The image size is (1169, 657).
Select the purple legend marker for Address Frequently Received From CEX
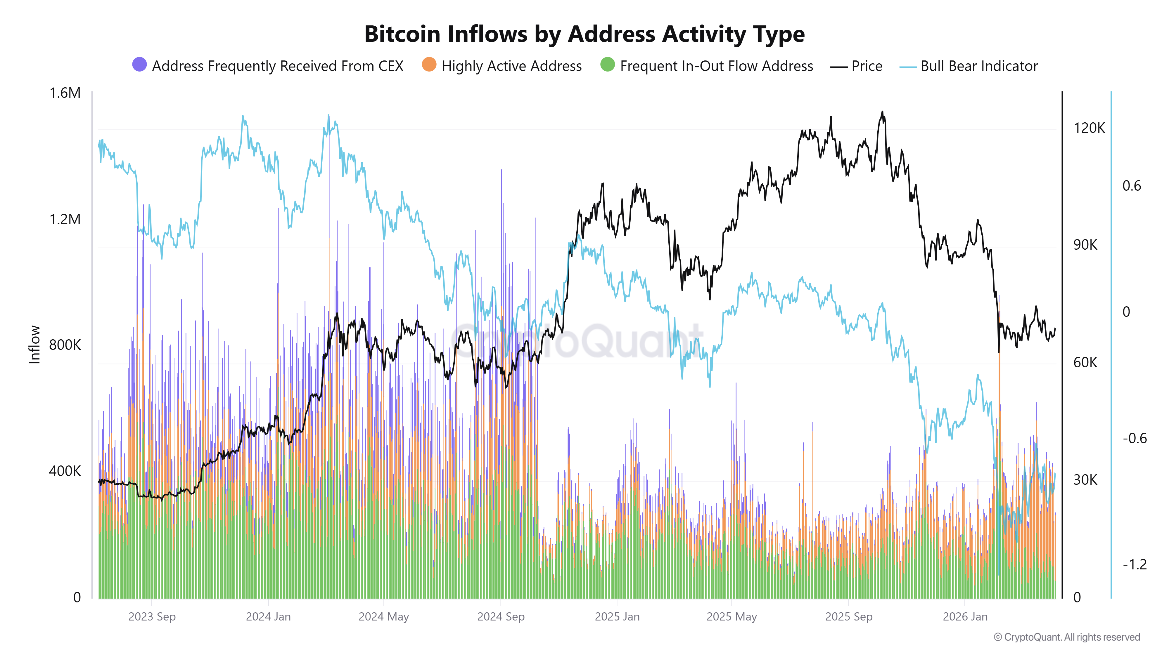point(139,65)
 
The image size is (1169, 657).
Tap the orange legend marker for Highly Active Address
point(429,65)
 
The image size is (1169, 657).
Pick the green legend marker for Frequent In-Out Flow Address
point(607,65)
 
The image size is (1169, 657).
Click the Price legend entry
point(856,66)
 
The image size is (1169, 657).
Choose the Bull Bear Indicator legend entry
point(969,66)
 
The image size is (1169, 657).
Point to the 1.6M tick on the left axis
point(65,93)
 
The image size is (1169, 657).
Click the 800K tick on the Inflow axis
point(65,345)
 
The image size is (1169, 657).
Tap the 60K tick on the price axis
point(1085,362)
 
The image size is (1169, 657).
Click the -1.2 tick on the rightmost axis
point(1134,564)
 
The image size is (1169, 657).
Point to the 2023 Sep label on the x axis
point(152,617)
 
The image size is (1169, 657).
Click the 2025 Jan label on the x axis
point(617,617)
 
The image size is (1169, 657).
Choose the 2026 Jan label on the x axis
point(965,617)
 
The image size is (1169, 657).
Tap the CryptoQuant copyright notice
point(1066,637)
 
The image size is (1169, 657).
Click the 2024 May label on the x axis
point(383,617)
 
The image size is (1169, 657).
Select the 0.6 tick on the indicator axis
point(1131,186)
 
